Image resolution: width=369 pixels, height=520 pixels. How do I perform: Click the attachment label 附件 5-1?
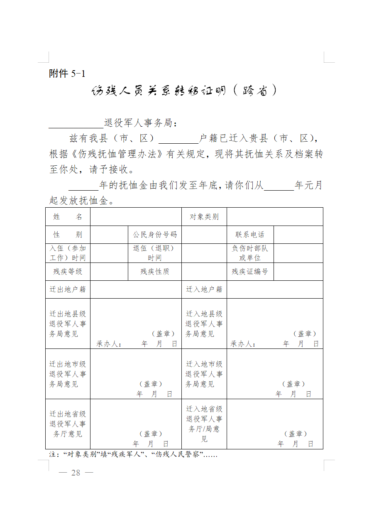(67, 74)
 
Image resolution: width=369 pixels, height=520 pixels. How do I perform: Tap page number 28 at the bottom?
(76, 473)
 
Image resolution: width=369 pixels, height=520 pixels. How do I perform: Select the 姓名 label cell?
(68, 217)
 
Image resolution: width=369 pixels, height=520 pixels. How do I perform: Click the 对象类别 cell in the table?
(204, 217)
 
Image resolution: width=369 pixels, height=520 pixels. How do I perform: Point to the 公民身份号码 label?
(155, 235)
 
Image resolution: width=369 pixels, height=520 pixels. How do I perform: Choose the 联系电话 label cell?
(250, 235)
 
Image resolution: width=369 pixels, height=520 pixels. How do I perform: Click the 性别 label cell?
(68, 235)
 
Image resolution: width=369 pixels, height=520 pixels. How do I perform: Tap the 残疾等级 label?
(68, 272)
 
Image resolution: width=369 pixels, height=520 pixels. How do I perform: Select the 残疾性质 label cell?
(155, 272)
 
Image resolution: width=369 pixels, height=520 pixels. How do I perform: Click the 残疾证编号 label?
(250, 272)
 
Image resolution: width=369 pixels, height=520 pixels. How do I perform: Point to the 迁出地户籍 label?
(68, 289)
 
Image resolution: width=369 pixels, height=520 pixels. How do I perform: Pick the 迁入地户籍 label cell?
(204, 289)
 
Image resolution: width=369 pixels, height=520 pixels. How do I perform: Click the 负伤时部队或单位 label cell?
(250, 253)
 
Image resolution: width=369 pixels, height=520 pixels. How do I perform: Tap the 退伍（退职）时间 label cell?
(155, 253)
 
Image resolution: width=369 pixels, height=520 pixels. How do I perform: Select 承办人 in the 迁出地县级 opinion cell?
(109, 344)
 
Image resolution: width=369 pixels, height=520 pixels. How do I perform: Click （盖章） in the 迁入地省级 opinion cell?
(296, 434)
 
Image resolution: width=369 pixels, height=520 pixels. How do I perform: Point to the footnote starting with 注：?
(133, 455)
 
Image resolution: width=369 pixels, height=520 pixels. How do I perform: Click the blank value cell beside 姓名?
(136, 217)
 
